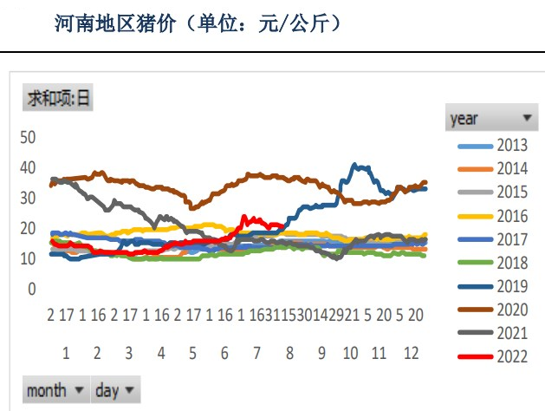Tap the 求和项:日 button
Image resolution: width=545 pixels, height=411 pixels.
coord(57,97)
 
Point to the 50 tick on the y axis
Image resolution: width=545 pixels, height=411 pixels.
coord(28,137)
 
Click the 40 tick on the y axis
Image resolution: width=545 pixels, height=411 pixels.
coord(28,167)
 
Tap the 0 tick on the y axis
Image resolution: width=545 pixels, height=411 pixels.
coord(32,289)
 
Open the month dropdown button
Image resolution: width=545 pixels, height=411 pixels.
coord(56,390)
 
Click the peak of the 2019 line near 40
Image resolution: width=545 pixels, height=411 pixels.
coord(354,164)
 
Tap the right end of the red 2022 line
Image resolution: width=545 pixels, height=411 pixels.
coord(282,225)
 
